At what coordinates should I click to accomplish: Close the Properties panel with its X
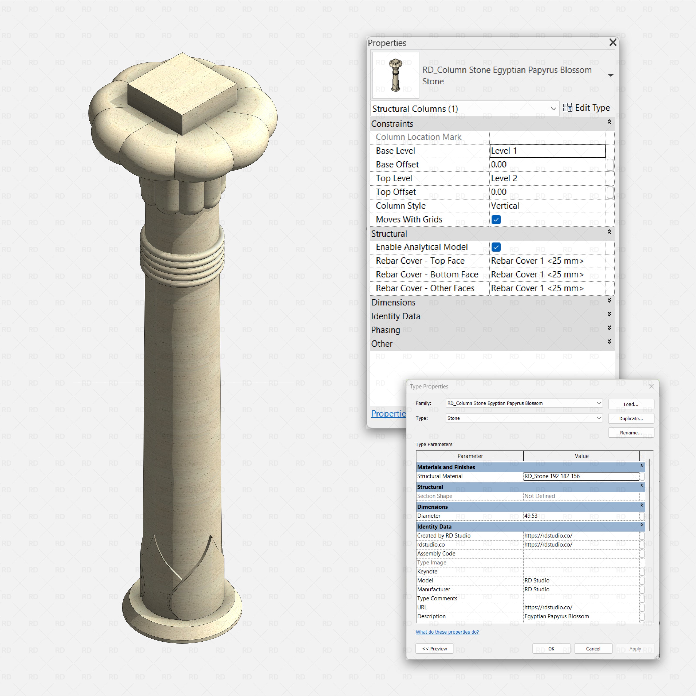613,42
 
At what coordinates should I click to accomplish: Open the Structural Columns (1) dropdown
464,109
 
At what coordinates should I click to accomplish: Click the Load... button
631,404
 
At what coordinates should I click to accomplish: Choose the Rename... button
631,433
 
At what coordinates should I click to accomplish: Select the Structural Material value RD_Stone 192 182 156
581,476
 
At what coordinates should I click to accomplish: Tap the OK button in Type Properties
551,649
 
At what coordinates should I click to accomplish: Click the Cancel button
593,649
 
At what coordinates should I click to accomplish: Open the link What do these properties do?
447,632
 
